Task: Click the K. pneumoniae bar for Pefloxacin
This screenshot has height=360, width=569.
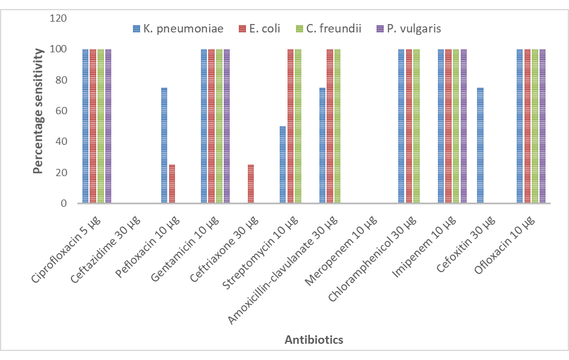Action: pyautogui.click(x=164, y=145)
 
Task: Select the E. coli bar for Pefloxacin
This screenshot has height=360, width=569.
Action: pyautogui.click(x=172, y=184)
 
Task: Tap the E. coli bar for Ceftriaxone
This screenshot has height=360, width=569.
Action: pyautogui.click(x=251, y=184)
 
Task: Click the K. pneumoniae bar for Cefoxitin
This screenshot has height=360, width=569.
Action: pyautogui.click(x=480, y=145)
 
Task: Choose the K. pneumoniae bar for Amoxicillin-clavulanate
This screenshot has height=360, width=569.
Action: pyautogui.click(x=322, y=145)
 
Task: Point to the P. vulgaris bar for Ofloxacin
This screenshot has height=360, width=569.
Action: pyautogui.click(x=543, y=126)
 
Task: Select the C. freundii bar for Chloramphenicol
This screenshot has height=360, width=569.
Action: pyautogui.click(x=416, y=126)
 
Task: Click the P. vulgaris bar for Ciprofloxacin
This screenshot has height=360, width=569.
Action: pyautogui.click(x=108, y=126)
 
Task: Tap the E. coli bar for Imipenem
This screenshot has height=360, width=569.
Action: pyautogui.click(x=448, y=126)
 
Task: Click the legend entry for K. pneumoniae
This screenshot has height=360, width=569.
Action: pyautogui.click(x=177, y=28)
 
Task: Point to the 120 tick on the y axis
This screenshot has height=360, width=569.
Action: pyautogui.click(x=58, y=18)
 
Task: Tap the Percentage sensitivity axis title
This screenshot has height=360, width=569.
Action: pyautogui.click(x=38, y=111)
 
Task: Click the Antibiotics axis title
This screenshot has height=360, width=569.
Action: pyautogui.click(x=313, y=340)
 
